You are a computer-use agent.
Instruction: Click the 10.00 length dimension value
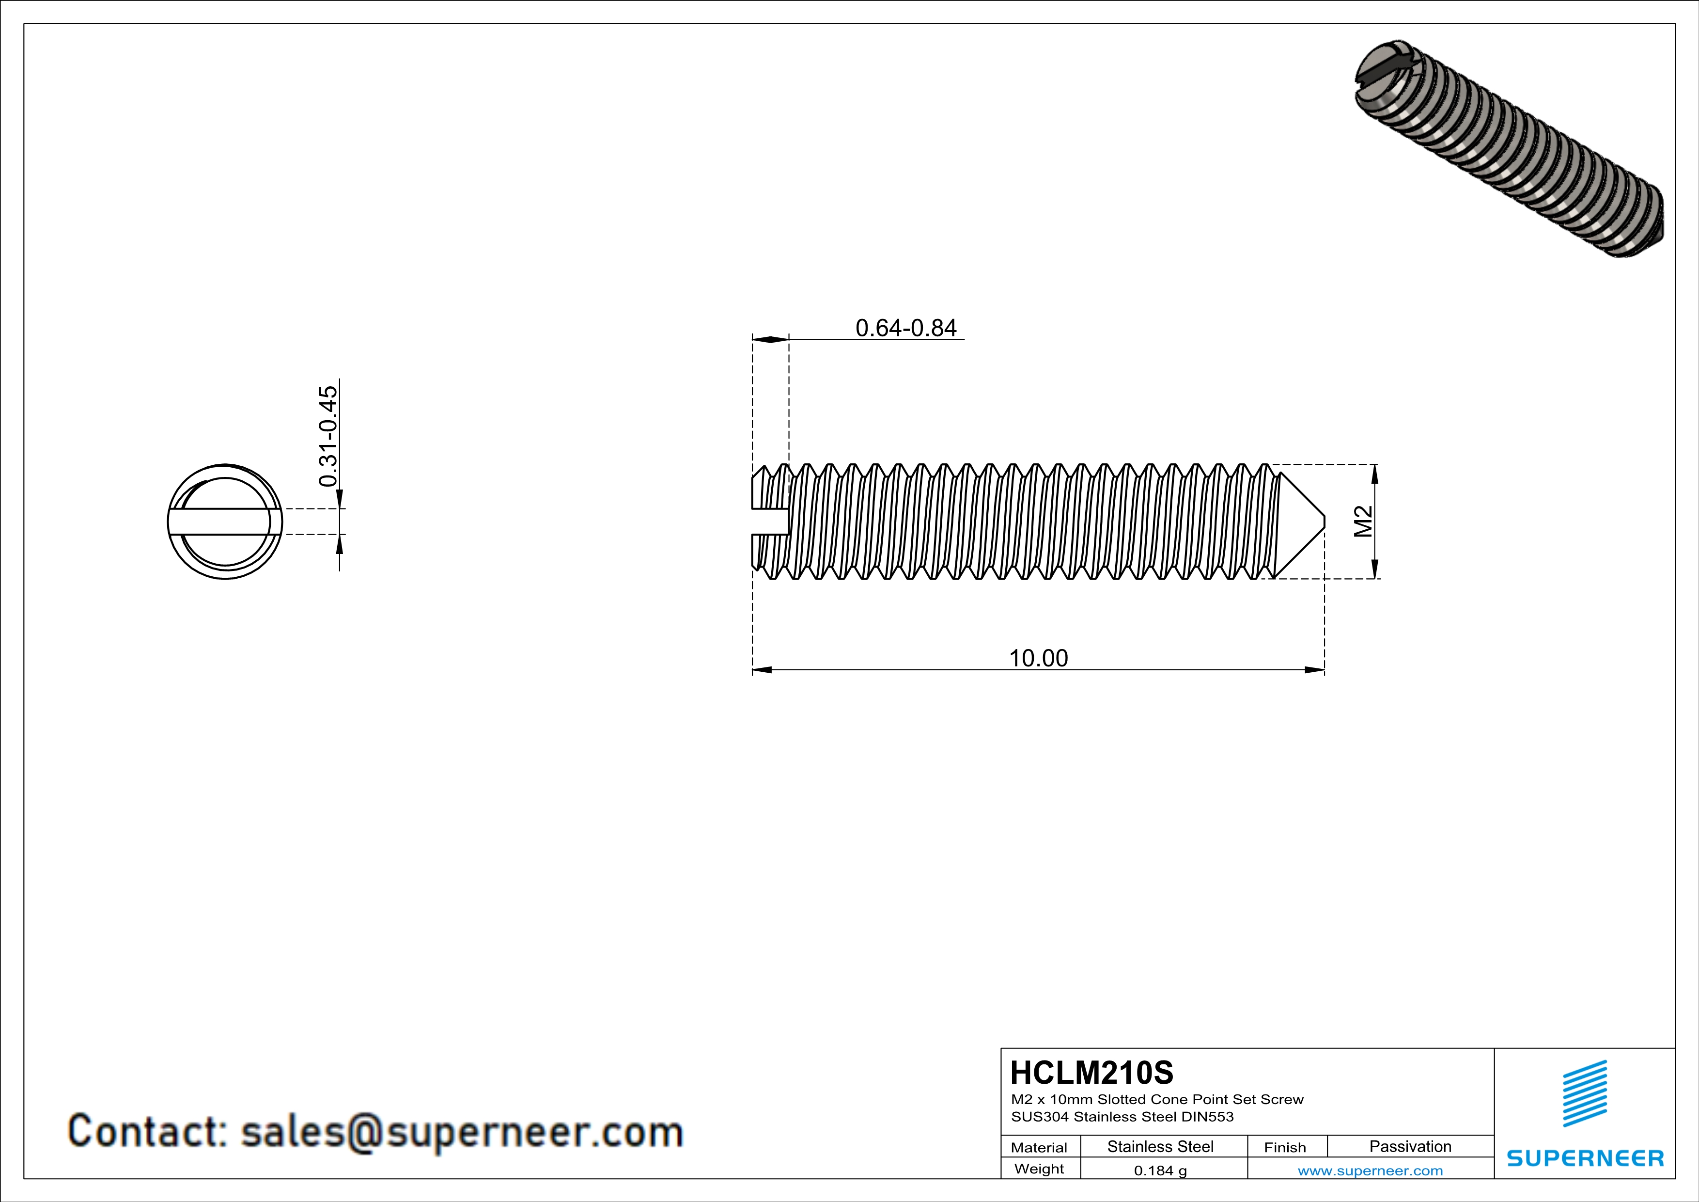pyautogui.click(x=1038, y=658)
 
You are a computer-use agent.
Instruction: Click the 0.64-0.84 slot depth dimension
pyautogui.click(x=906, y=328)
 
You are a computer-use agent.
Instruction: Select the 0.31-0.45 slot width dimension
pyautogui.click(x=328, y=436)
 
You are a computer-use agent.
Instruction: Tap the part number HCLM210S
pyautogui.click(x=1091, y=1073)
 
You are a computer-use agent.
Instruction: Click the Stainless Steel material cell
pyautogui.click(x=1159, y=1146)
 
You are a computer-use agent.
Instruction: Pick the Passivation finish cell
pyautogui.click(x=1410, y=1146)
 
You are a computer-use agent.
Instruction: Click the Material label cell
pyautogui.click(x=1039, y=1147)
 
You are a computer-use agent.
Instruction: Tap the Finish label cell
pyautogui.click(x=1285, y=1147)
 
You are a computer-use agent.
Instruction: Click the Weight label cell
pyautogui.click(x=1039, y=1169)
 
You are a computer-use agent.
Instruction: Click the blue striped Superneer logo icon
pyautogui.click(x=1584, y=1093)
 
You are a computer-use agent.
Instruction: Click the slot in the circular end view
pyautogui.click(x=225, y=521)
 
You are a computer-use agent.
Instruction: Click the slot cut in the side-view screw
pyautogui.click(x=770, y=521)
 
